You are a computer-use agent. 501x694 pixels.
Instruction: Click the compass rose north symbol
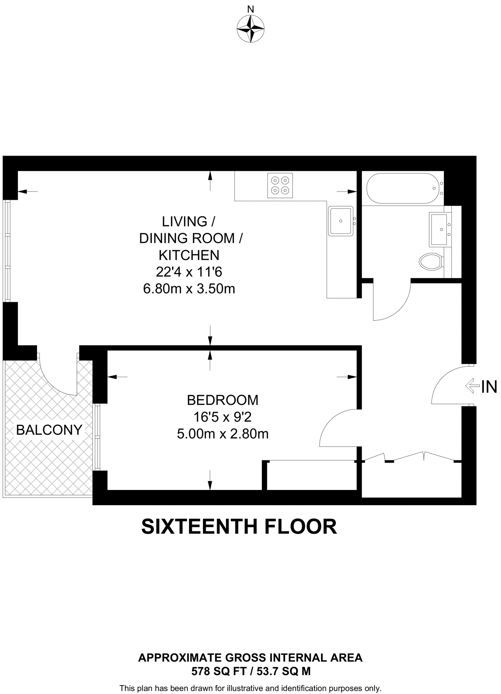pos(250,29)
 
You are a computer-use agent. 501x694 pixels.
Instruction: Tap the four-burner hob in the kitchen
pos(280,185)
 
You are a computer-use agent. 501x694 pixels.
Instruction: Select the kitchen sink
pos(341,221)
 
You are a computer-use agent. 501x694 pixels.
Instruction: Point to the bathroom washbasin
pos(440,229)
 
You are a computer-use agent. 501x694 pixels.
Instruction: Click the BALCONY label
pos(49,430)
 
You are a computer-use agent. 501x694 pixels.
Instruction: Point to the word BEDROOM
pos(223,400)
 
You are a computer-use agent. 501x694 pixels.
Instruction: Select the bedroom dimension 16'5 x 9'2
pos(223,417)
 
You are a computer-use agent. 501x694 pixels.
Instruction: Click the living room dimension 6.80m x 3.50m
pos(189,289)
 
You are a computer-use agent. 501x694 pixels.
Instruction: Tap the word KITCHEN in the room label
pos(189,255)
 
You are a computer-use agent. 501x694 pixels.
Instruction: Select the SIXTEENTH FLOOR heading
pos(239,527)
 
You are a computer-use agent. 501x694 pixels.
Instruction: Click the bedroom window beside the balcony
pos(97,437)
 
